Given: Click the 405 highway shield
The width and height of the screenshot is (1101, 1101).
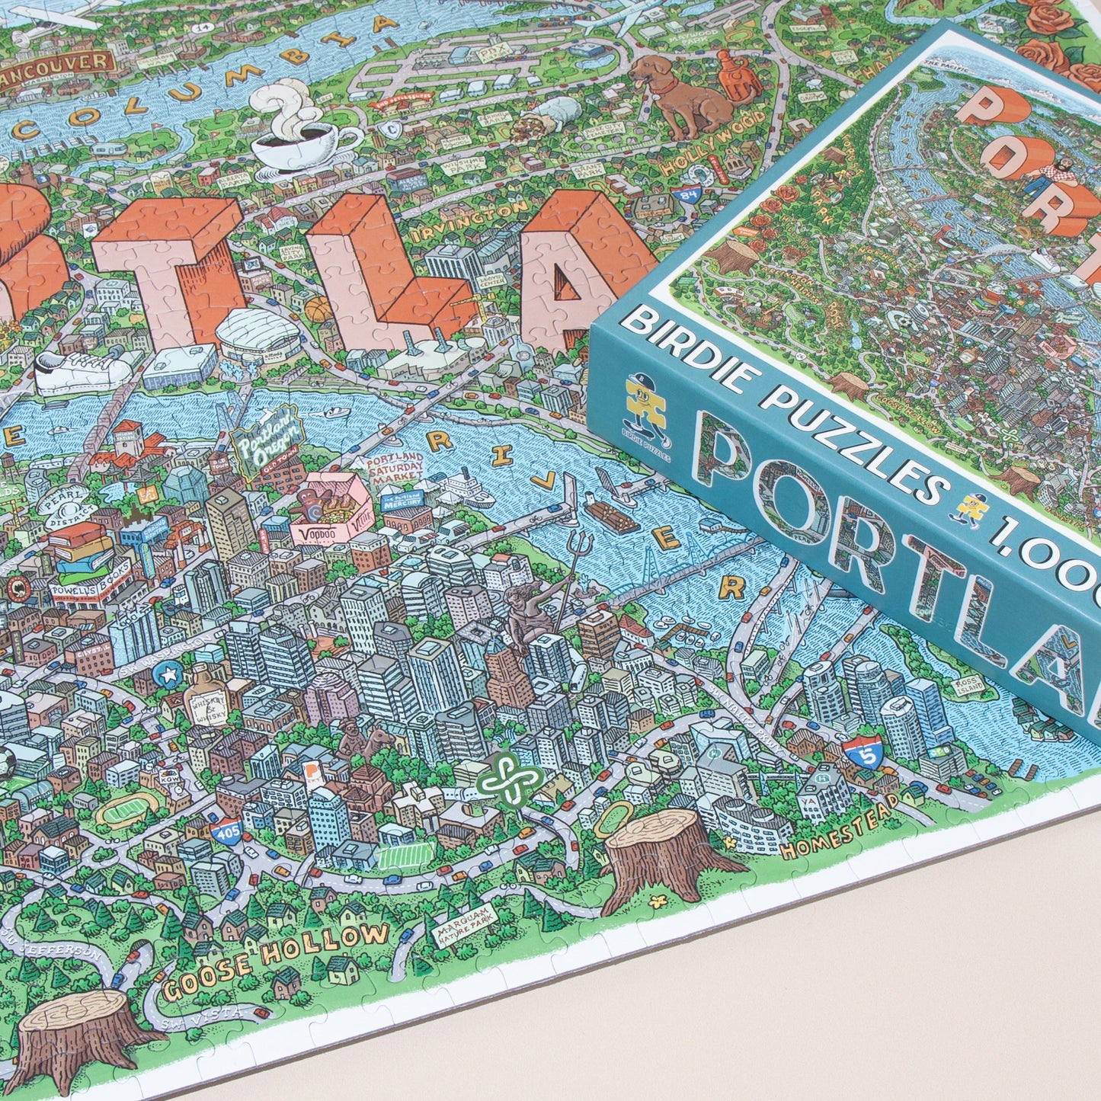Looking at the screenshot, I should [x=227, y=832].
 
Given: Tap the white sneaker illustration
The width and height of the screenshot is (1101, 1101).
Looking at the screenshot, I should [x=84, y=371].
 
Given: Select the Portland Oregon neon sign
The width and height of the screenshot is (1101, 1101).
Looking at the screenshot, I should [x=267, y=441].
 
